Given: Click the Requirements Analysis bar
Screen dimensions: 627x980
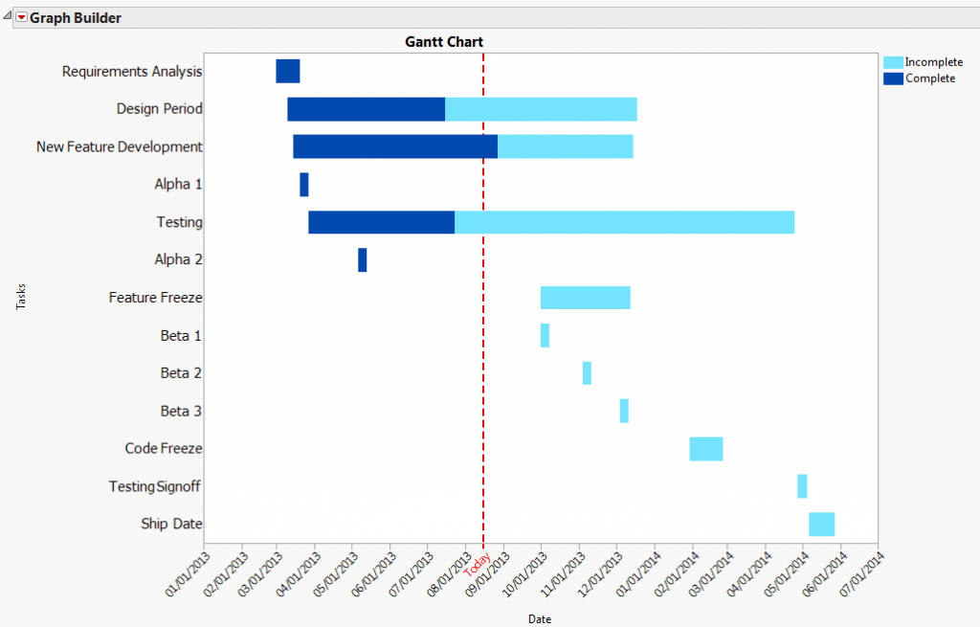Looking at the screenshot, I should [x=288, y=71].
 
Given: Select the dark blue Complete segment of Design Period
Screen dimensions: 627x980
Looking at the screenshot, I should [x=366, y=109].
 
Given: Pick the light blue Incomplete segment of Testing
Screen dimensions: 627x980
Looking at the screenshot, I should [x=624, y=222].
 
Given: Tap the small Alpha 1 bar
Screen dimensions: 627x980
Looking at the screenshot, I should [x=304, y=185].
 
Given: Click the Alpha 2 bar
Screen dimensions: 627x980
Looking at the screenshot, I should [x=363, y=259].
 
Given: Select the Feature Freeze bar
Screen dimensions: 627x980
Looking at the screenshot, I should [x=585, y=298].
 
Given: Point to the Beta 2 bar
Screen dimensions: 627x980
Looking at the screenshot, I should [x=587, y=373].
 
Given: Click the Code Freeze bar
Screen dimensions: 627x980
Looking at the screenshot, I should [x=706, y=449].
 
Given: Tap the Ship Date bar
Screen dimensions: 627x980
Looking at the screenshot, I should [x=821, y=525].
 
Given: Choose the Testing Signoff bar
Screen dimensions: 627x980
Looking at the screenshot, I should [x=802, y=486].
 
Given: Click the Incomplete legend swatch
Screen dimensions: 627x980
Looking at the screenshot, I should [x=892, y=62].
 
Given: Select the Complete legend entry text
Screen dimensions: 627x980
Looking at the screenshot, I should [x=930, y=78].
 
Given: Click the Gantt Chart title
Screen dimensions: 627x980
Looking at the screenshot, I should [x=444, y=42].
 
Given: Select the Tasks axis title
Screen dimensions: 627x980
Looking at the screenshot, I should [x=21, y=297].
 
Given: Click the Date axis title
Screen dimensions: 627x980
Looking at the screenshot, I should [x=540, y=619].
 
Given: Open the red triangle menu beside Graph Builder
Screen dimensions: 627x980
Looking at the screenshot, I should [x=21, y=18].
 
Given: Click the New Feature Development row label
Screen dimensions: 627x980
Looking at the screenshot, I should [x=120, y=147].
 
